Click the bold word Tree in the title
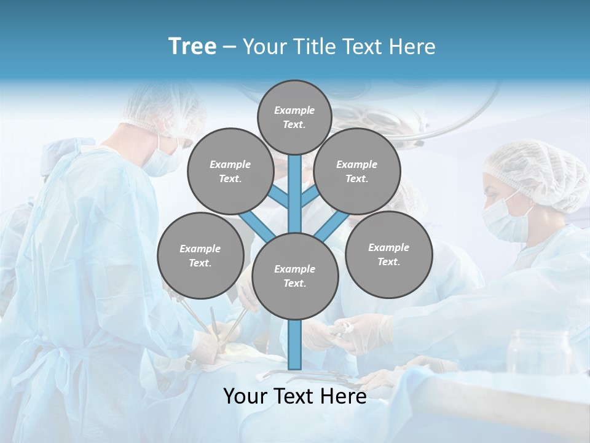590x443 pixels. (x=192, y=47)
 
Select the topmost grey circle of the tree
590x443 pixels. (x=294, y=117)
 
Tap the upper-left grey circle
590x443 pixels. (x=230, y=172)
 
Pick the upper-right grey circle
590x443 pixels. (x=356, y=172)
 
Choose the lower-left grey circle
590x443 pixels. (x=200, y=256)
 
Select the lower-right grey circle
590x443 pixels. (x=388, y=255)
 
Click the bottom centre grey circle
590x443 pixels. (x=295, y=276)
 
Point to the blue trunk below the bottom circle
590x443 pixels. (x=295, y=345)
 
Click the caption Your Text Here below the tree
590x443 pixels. (x=295, y=396)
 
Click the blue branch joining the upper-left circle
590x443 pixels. (x=280, y=197)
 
